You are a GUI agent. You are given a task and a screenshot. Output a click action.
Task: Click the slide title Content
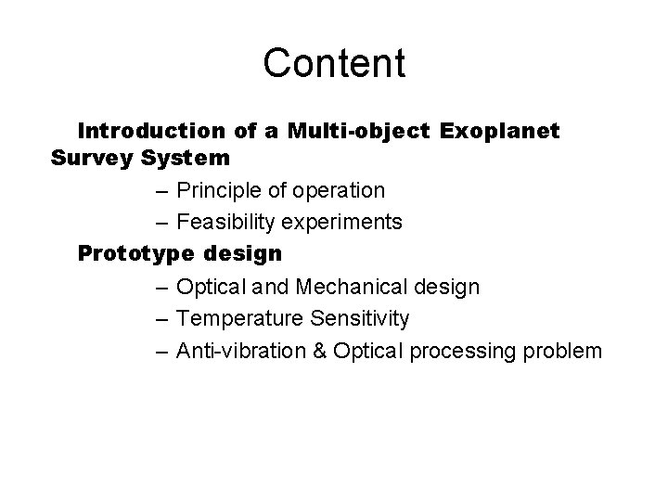(x=334, y=63)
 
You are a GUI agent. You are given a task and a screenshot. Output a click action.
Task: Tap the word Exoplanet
(x=500, y=130)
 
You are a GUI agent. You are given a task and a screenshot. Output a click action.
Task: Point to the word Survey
(x=92, y=158)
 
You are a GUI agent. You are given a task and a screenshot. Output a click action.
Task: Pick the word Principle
(x=217, y=190)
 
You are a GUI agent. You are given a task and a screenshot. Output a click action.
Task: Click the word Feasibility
(x=227, y=222)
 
